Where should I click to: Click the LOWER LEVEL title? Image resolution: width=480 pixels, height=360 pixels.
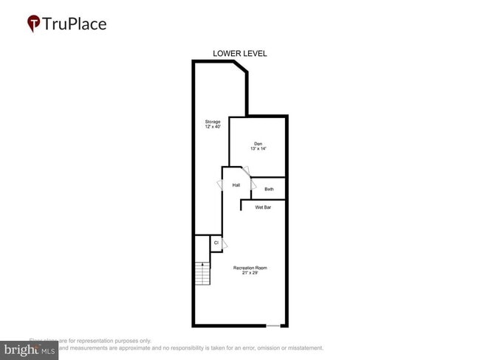click(239, 53)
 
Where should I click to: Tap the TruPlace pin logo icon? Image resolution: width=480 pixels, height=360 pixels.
click(33, 24)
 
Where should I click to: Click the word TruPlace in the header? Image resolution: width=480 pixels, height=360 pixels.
click(74, 24)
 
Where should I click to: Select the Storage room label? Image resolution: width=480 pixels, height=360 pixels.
click(213, 122)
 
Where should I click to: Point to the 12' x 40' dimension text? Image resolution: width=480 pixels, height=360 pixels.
click(213, 128)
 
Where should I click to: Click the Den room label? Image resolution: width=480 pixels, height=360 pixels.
click(258, 143)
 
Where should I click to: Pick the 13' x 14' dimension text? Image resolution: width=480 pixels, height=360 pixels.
click(258, 149)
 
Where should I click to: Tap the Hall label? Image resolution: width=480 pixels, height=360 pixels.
click(236, 185)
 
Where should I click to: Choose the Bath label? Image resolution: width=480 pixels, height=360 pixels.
click(269, 190)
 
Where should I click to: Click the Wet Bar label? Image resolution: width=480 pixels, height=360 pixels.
click(263, 207)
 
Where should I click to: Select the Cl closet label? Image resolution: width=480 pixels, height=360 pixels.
click(216, 243)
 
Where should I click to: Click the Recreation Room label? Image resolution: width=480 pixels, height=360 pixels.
click(250, 267)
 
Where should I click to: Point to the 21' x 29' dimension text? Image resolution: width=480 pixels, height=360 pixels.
click(250, 273)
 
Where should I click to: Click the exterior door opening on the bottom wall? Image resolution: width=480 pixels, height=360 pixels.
click(274, 325)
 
